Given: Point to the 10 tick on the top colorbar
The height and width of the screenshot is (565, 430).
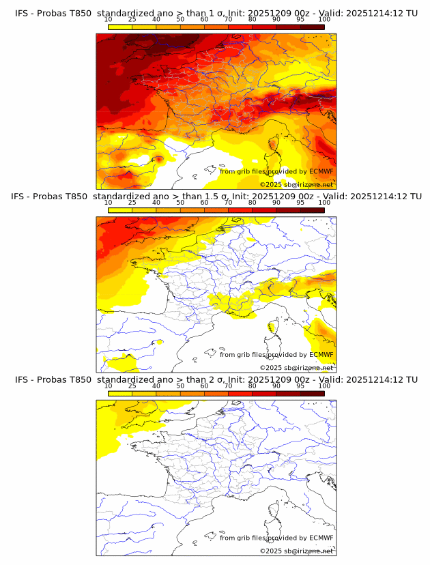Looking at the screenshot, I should click(109, 20).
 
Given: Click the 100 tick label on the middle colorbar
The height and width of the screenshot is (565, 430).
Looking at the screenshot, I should click(324, 203).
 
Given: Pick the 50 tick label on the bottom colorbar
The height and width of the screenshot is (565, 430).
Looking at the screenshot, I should click(180, 386).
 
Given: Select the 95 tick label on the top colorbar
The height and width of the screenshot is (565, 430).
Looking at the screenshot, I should click(300, 20).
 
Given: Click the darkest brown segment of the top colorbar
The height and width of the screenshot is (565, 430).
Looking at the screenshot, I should click(312, 27).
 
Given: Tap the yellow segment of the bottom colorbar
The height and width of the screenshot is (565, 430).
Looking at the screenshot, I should click(120, 394).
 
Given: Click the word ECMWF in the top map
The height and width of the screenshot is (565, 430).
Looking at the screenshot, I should click(321, 171).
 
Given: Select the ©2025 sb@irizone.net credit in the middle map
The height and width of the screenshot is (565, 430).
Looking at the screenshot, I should click(296, 368).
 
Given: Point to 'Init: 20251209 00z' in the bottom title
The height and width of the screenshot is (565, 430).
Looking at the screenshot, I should click(272, 379).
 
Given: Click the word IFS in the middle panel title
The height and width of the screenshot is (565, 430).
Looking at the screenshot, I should click(23, 197).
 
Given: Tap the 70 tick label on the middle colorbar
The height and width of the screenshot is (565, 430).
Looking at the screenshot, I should click(229, 203).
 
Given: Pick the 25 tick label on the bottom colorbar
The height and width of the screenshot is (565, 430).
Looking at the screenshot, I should click(132, 386).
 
